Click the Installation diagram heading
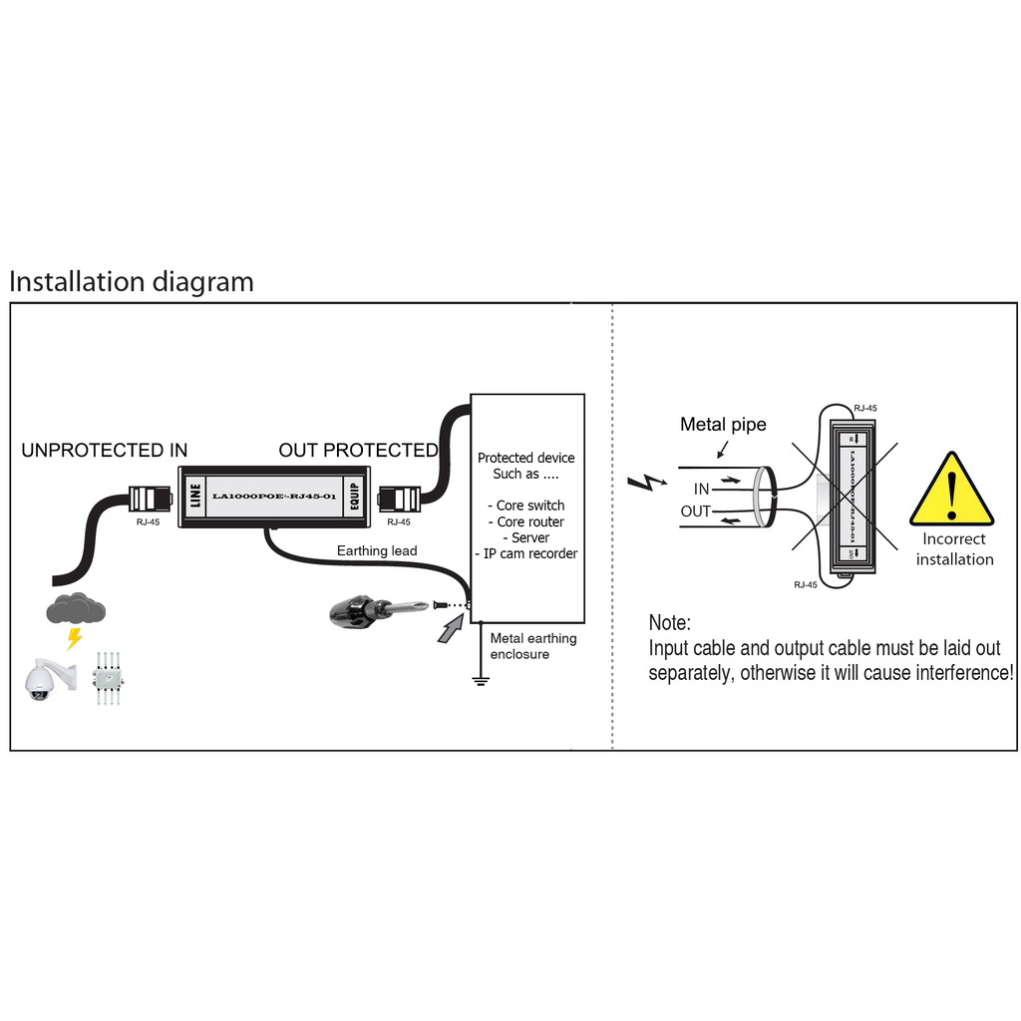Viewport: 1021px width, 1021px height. tap(131, 282)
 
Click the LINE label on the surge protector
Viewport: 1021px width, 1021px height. tap(193, 495)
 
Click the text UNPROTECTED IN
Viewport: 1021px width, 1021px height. tap(104, 451)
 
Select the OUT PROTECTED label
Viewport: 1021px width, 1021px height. tap(358, 451)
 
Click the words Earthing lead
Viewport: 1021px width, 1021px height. tap(377, 550)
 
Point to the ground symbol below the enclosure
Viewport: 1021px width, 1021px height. tap(480, 683)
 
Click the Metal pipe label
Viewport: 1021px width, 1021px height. tap(723, 425)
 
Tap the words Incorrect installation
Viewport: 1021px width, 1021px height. tap(954, 549)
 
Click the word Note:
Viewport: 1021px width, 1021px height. tap(669, 623)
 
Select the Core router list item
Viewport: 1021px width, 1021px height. tap(530, 521)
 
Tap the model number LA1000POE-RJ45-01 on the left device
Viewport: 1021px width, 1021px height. tap(273, 496)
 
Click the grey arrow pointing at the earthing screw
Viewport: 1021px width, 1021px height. tap(451, 628)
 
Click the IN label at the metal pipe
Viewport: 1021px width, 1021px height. tap(702, 489)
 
